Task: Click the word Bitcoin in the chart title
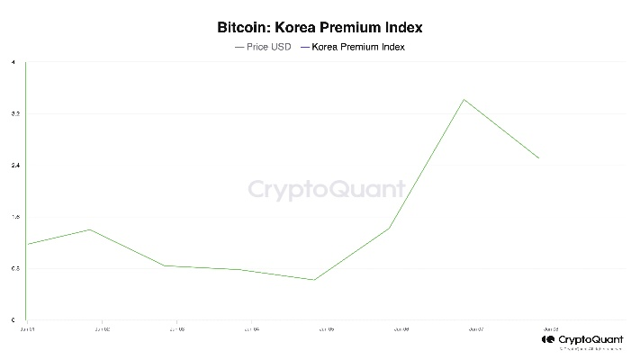point(240,29)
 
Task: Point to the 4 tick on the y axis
point(12,62)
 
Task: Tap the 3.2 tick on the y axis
point(12,114)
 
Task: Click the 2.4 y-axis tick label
point(12,166)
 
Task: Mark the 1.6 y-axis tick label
point(12,217)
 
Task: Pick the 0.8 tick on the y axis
point(12,269)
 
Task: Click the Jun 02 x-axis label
point(102,329)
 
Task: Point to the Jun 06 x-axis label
point(401,329)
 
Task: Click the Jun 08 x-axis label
point(550,329)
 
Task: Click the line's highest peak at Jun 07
point(464,99)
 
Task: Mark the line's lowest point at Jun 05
point(314,280)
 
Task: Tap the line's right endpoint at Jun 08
point(539,158)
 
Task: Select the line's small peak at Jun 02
point(89,229)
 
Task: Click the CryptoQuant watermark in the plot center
point(327,190)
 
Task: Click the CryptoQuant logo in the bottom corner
point(584,342)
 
